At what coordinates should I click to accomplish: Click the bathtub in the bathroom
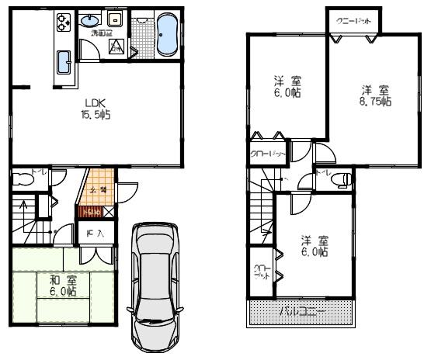[x=167, y=36]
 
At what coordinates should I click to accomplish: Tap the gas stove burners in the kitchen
[x=62, y=23]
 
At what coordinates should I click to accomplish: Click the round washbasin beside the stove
[x=92, y=19]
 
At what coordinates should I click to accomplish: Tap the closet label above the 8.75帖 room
[x=352, y=21]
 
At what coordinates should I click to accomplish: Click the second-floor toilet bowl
[x=339, y=179]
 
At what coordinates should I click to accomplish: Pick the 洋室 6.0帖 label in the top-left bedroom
[x=287, y=86]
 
